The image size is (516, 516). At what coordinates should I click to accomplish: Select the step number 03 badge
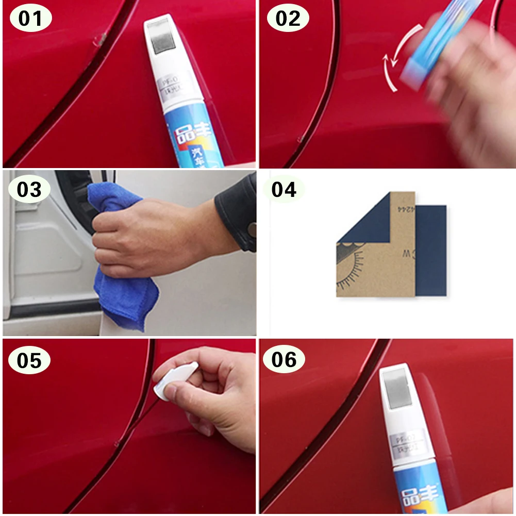tap(29, 189)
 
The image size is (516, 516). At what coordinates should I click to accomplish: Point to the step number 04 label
tap(284, 189)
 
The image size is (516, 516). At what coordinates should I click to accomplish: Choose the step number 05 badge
tap(29, 360)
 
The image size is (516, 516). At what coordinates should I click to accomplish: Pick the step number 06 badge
tap(285, 360)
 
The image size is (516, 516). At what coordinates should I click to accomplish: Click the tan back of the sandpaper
tap(392, 258)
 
